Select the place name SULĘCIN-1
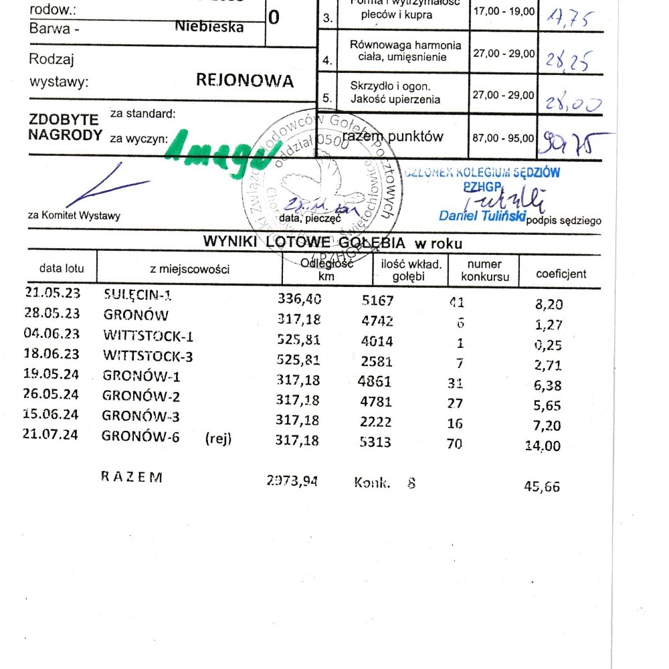click(x=142, y=294)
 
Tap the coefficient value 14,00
click(x=543, y=446)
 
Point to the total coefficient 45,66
click(x=543, y=487)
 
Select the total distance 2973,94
click(x=292, y=479)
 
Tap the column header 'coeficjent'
click(x=561, y=274)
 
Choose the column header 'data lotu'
click(x=62, y=269)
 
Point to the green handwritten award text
click(x=217, y=153)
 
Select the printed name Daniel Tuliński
click(x=482, y=215)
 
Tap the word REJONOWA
click(x=244, y=81)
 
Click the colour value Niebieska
click(x=209, y=27)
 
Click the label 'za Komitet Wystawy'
click(x=74, y=215)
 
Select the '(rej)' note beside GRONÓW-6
click(x=219, y=440)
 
